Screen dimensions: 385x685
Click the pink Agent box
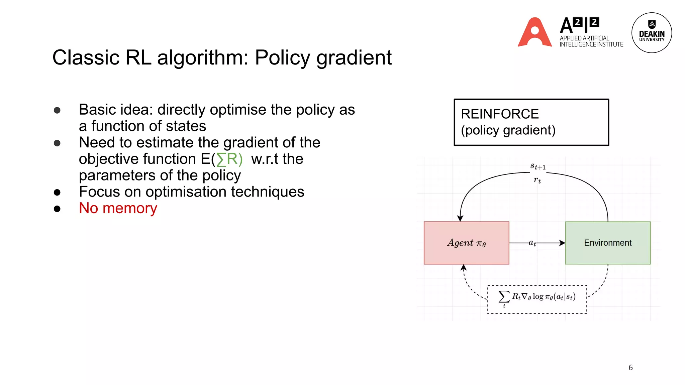466,243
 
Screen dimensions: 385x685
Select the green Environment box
608,243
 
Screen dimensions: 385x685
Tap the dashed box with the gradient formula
537,299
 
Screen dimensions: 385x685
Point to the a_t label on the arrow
532,243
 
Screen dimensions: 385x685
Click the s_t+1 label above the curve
538,166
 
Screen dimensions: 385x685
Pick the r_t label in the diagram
537,180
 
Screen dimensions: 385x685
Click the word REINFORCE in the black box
500,114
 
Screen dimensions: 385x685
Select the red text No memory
118,208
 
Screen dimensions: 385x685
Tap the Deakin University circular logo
652,33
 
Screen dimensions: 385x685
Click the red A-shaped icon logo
534,32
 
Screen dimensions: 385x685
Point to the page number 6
630,368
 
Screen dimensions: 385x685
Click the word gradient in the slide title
354,58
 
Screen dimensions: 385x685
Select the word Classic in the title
86,58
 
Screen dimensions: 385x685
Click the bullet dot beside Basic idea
57,110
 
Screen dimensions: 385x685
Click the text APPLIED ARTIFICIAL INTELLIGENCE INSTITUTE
591,41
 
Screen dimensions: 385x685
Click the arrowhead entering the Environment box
562,243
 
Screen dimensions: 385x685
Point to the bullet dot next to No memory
57,209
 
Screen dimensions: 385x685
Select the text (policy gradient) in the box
508,130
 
